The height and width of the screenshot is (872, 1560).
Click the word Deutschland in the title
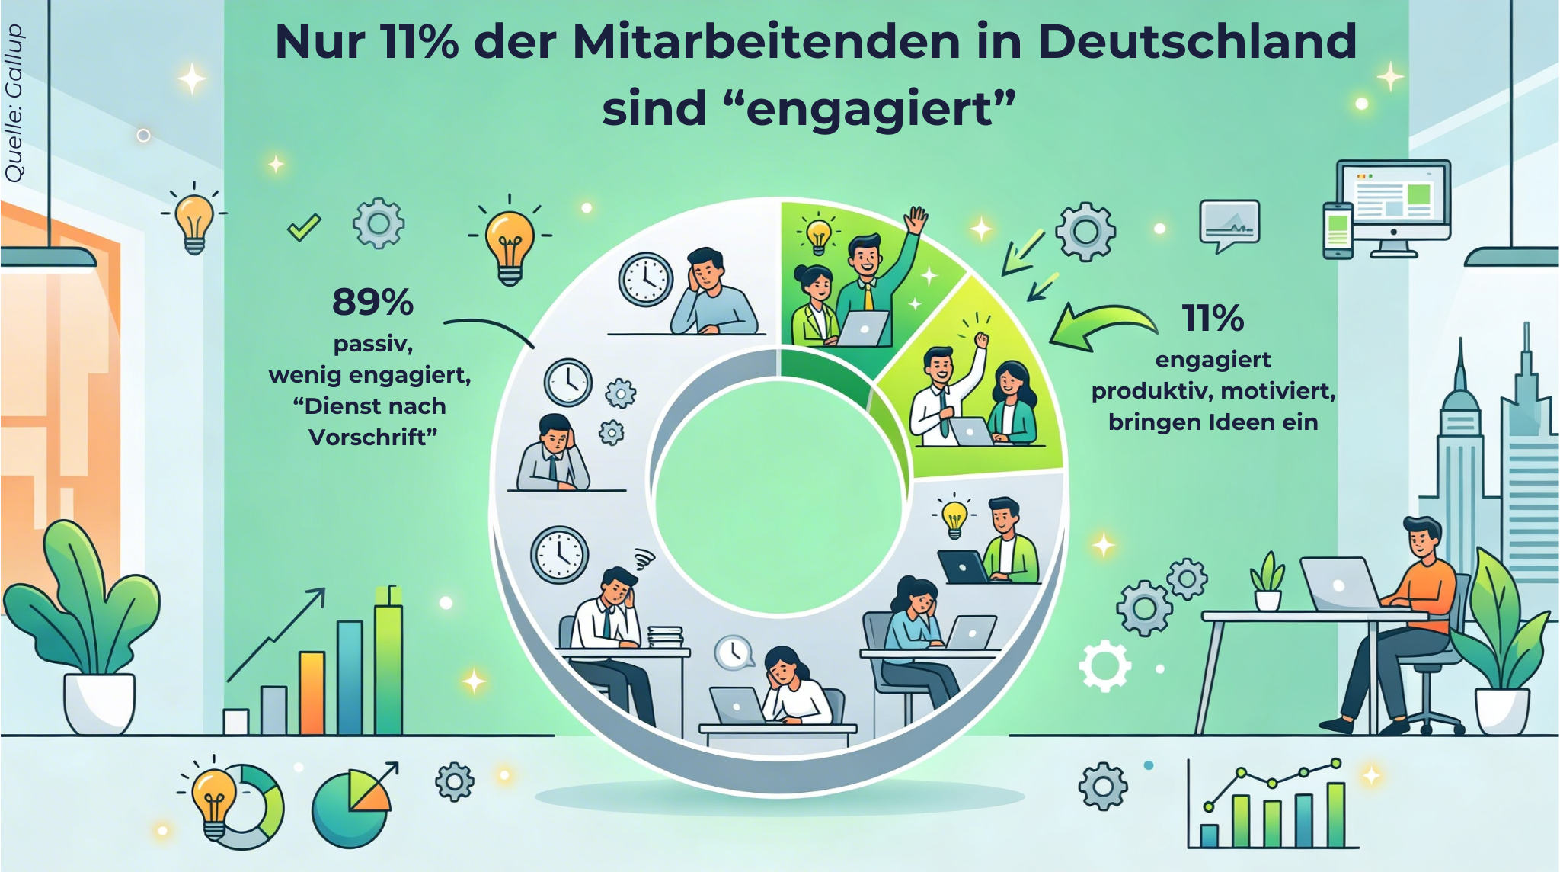[x=1197, y=42]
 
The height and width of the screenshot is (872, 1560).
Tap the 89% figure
[x=372, y=303]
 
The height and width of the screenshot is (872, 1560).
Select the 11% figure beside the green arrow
[x=1213, y=319]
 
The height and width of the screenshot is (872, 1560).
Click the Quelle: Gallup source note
[x=14, y=104]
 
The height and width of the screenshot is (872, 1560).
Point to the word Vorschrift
[x=372, y=438]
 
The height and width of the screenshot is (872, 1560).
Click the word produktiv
[x=1151, y=392]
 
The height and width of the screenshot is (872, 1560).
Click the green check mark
[x=303, y=226]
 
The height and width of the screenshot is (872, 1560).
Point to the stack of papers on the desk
[x=665, y=637]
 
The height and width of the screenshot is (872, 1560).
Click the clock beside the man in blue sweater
[x=645, y=279]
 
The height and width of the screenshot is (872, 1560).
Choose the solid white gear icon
[x=1105, y=665]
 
